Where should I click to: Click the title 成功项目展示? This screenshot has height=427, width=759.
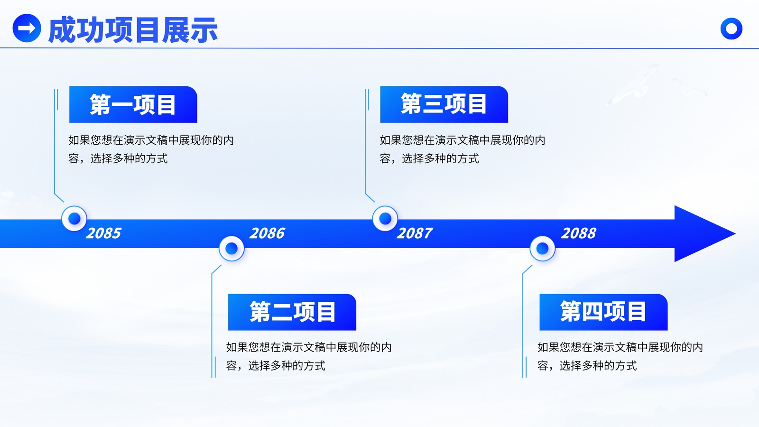(x=133, y=30)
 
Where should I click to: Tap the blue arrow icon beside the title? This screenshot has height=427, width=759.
(x=27, y=28)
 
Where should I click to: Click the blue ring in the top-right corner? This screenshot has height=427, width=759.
(x=731, y=28)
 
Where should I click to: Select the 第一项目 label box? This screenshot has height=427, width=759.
(x=133, y=104)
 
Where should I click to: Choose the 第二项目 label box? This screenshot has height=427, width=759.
(x=292, y=312)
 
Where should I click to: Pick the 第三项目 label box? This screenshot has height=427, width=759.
(x=444, y=104)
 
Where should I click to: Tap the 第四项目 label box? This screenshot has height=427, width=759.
(x=603, y=312)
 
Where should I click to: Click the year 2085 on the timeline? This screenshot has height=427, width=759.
(x=103, y=233)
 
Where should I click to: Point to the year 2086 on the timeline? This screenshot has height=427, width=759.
(x=268, y=233)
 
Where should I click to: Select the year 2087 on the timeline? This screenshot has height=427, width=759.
(x=415, y=233)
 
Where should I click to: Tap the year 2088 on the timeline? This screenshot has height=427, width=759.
(x=578, y=233)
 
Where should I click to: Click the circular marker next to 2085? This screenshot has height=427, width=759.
(x=74, y=219)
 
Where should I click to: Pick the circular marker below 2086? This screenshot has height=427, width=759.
(x=231, y=249)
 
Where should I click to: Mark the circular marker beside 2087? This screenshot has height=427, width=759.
(x=385, y=219)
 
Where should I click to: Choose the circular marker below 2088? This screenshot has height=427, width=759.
(x=542, y=249)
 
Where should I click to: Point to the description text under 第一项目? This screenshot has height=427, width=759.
(x=151, y=149)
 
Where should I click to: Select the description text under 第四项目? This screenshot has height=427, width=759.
(x=620, y=356)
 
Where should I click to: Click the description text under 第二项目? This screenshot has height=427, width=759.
(x=309, y=356)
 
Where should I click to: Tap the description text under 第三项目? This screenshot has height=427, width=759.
(x=462, y=149)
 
